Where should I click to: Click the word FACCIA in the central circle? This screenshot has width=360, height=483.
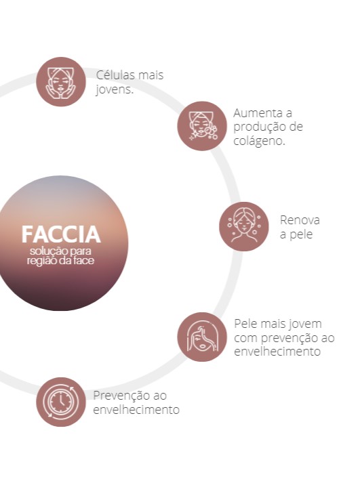[x=61, y=234]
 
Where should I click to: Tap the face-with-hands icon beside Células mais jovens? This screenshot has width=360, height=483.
[x=61, y=82]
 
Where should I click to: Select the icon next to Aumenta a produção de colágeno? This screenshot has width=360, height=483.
[x=202, y=126]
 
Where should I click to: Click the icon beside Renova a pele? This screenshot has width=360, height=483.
[x=244, y=226]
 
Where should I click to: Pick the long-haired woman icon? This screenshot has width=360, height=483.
[x=202, y=337]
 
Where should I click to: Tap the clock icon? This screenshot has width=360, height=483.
[x=61, y=402]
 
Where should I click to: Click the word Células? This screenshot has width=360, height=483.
[x=115, y=75]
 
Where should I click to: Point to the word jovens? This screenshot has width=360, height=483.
[x=115, y=89]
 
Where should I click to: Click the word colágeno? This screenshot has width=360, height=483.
[x=259, y=141]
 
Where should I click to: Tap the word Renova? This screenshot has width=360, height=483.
[x=300, y=220]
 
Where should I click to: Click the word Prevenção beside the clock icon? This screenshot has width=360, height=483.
[x=115, y=396]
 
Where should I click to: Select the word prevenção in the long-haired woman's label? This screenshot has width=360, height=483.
[x=285, y=338]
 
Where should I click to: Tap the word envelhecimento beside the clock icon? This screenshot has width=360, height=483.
[x=136, y=410]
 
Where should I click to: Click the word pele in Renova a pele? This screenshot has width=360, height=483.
[x=301, y=234]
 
